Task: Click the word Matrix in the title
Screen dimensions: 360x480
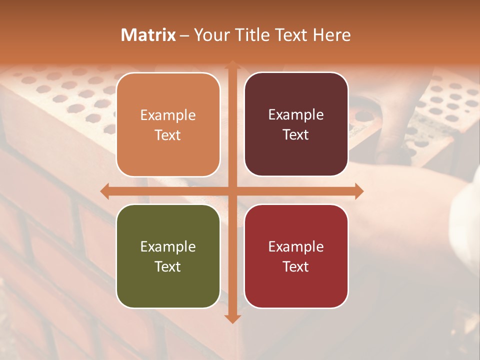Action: pos(148,35)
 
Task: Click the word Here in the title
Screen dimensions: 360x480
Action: pos(332,35)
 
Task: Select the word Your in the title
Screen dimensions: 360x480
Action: pos(210,35)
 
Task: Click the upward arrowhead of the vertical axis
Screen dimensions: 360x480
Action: pos(232,65)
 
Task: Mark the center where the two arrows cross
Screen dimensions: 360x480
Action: pos(232,191)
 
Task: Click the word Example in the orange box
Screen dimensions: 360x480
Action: pos(168,115)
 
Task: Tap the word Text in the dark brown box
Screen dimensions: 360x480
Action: pos(295,135)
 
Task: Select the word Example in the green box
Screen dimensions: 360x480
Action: pos(168,247)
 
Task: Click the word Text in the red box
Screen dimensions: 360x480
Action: pos(295,266)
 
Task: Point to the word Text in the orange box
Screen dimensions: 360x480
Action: pos(167,135)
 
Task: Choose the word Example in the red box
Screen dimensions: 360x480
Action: pos(296,247)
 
